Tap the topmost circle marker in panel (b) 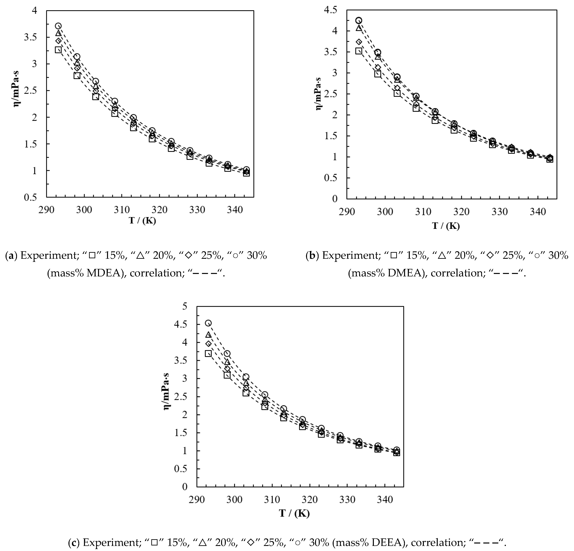[x=358, y=20]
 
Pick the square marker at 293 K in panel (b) [x=358, y=51]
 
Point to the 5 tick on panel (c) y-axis [x=184, y=306]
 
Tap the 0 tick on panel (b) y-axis [x=335, y=199]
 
